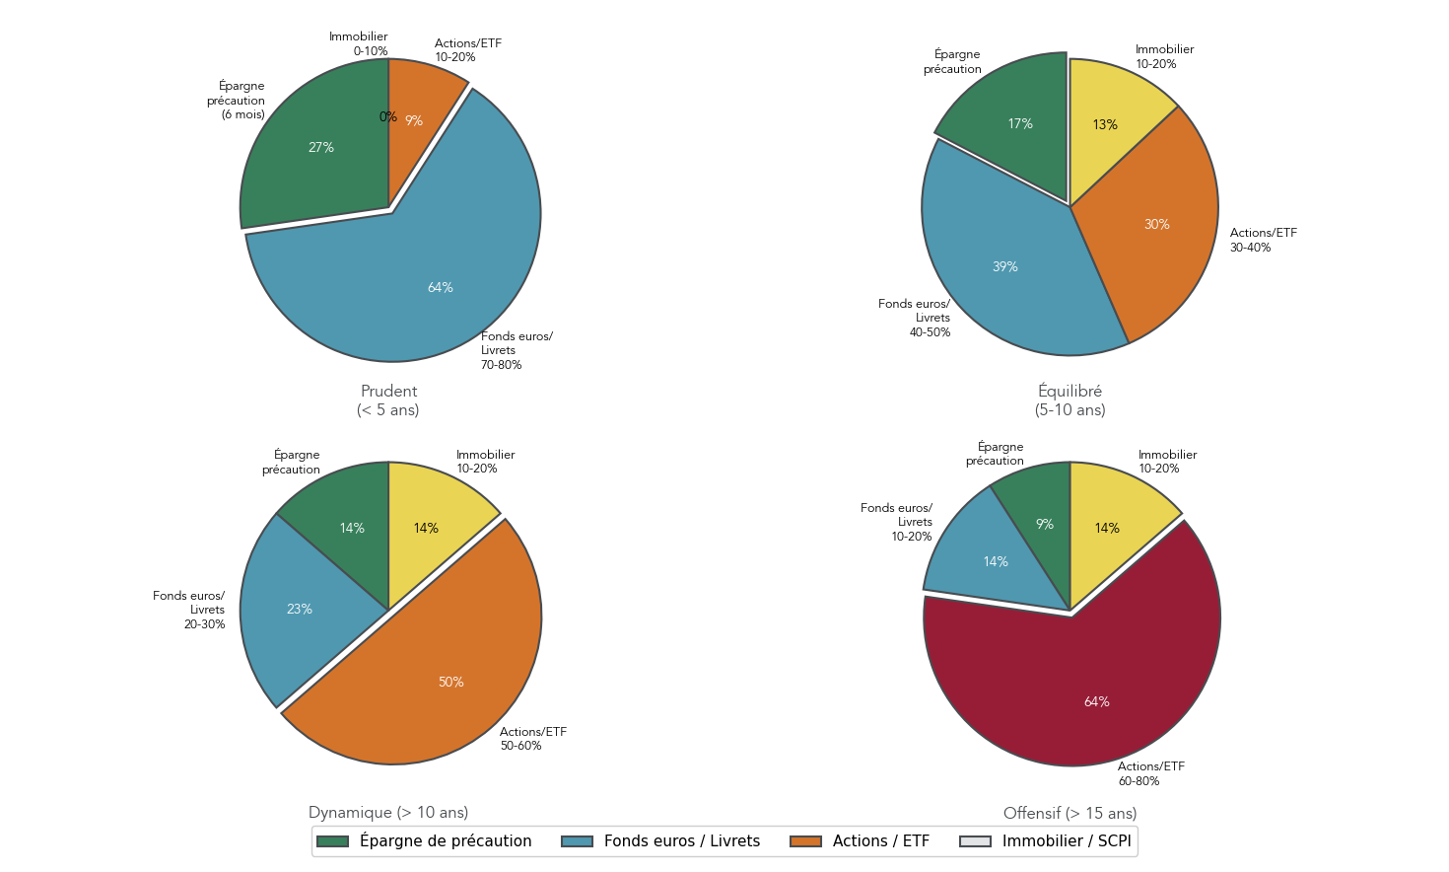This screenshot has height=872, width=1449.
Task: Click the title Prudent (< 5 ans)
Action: click(x=388, y=400)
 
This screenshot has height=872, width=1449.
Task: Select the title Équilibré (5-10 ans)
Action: click(x=1069, y=400)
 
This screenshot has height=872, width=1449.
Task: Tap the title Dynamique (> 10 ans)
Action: click(x=388, y=813)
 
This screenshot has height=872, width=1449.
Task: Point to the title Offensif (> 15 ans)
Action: click(x=1069, y=814)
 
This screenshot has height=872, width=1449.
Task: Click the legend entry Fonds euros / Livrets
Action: click(x=681, y=841)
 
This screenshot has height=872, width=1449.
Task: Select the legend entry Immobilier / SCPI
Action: click(x=1066, y=841)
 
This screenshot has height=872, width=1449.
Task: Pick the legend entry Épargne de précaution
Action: click(x=445, y=841)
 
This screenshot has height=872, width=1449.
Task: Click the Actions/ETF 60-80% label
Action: click(x=1150, y=773)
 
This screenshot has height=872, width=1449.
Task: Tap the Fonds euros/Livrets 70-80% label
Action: click(x=516, y=350)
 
